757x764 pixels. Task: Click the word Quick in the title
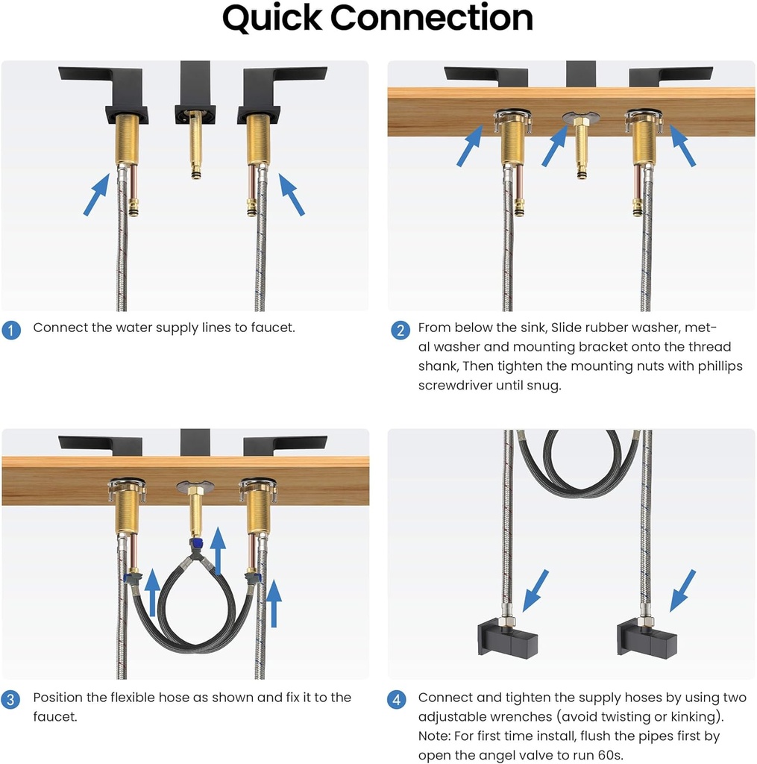pos(271,19)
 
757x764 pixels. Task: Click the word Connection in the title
pos(432,18)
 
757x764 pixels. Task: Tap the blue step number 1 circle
pos(10,330)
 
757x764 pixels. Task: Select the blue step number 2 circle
pos(401,330)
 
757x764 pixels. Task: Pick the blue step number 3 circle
pos(10,700)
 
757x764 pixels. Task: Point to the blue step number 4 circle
pos(397,700)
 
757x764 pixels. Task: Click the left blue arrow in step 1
pos(96,195)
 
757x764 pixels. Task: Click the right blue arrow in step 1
pos(292,195)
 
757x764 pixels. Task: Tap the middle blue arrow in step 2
pos(555,145)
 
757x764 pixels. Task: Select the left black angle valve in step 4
pos(508,637)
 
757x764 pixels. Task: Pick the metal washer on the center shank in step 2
pos(581,117)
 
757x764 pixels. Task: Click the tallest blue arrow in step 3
pos(218,551)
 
